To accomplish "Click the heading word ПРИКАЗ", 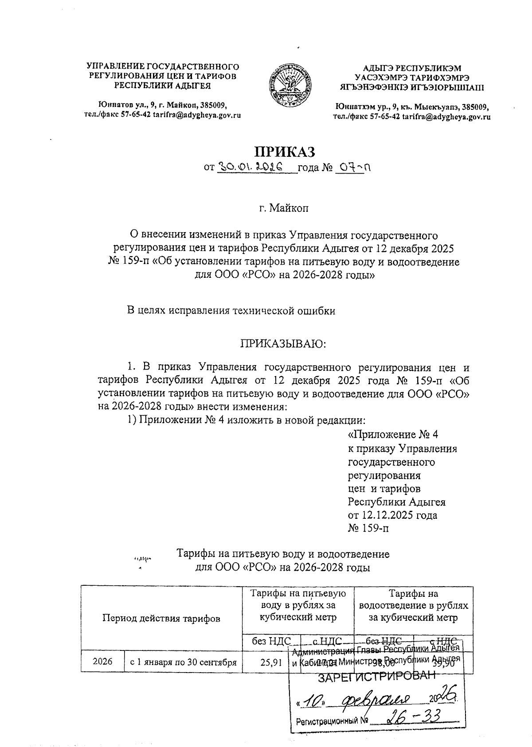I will click(x=284, y=151).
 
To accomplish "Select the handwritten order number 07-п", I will click(x=353, y=167).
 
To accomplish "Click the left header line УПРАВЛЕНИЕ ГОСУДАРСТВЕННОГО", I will click(x=162, y=67).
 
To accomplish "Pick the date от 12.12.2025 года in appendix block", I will click(x=392, y=515).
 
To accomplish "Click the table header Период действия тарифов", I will click(x=161, y=619).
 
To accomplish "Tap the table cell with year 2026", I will click(x=103, y=662).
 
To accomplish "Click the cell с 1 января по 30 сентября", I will click(x=183, y=663).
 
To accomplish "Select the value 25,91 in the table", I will click(x=271, y=663).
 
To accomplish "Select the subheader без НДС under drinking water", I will click(x=271, y=641).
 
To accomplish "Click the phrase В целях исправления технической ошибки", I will click(x=231, y=311).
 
